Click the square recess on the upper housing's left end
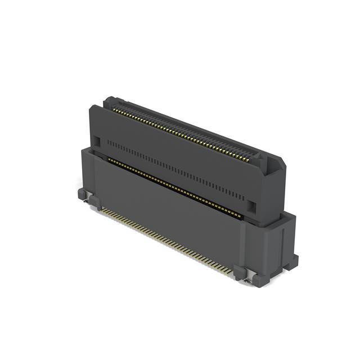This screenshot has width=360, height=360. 96,140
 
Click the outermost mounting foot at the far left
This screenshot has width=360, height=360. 82,194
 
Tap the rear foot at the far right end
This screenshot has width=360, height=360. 292,260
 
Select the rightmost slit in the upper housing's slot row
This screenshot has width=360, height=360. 244,199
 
